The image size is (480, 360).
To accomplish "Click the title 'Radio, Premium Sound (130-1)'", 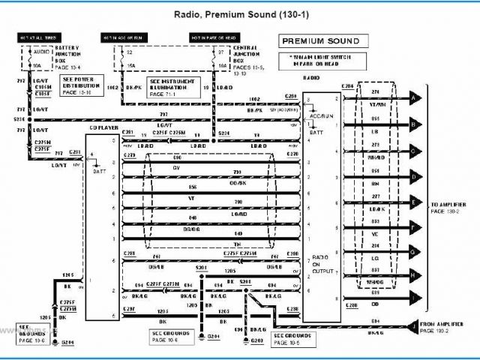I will [x=235, y=13].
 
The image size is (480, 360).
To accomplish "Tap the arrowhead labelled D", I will [x=413, y=176].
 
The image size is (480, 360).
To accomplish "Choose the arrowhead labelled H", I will [x=413, y=274].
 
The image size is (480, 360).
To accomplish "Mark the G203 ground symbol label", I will [x=256, y=340].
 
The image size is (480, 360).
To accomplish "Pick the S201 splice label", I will [x=201, y=268].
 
